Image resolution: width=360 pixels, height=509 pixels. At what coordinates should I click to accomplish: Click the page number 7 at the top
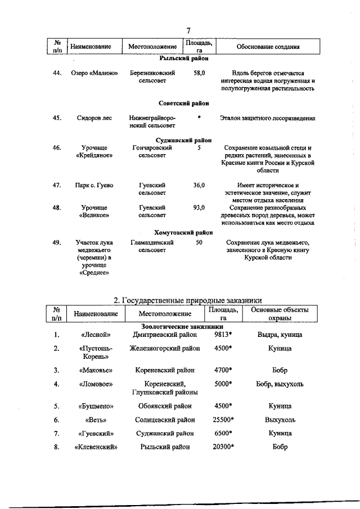point(188,30)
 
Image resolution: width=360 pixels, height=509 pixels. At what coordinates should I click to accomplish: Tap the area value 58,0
point(199,73)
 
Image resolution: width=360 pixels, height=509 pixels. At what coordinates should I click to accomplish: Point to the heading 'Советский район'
point(183,103)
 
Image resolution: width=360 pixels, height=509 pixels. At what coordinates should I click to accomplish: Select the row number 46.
point(56,147)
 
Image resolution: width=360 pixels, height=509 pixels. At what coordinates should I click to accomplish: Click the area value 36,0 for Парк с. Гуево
point(199,185)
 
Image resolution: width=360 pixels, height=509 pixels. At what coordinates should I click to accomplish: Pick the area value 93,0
point(199,208)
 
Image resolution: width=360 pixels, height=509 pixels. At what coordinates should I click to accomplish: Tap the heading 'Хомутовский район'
point(183,232)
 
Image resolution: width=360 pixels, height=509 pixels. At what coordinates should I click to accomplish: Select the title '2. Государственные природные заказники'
point(188,300)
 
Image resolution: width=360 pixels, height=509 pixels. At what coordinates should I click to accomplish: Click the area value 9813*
point(223,335)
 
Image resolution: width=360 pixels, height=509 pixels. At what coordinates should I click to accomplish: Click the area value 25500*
point(223,420)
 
